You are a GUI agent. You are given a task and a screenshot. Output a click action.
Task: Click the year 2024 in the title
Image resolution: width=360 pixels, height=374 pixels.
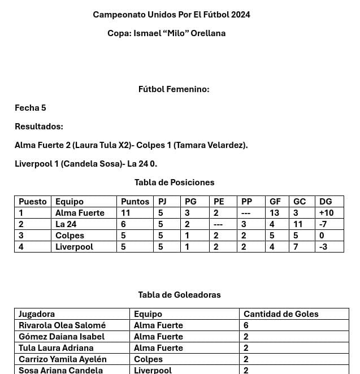click(x=240, y=15)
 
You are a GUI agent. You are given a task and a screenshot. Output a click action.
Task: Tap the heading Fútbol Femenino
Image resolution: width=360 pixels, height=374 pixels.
click(x=174, y=89)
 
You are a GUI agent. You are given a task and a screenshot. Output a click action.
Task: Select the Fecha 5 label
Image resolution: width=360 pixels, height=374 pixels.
click(x=31, y=108)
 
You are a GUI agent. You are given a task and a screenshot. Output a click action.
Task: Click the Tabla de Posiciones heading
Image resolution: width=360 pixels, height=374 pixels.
click(x=174, y=182)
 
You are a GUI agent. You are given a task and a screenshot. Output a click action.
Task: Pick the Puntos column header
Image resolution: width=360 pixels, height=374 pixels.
click(x=135, y=202)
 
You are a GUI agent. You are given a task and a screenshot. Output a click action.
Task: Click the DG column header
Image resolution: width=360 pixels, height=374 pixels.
click(x=326, y=202)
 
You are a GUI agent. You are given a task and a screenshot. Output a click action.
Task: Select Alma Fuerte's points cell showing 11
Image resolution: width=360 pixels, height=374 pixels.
click(x=126, y=213)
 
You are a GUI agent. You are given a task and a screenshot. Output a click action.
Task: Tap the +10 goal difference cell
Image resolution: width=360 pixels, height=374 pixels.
click(x=326, y=213)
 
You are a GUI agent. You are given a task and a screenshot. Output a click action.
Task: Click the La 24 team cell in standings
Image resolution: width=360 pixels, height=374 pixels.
click(x=66, y=224)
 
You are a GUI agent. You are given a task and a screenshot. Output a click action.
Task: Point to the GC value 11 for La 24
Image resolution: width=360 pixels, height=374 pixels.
click(x=298, y=224)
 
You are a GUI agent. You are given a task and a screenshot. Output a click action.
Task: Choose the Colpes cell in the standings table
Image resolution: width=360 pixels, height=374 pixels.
click(x=70, y=236)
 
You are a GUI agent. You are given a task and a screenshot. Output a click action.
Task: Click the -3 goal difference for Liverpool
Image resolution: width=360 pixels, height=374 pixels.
click(x=323, y=247)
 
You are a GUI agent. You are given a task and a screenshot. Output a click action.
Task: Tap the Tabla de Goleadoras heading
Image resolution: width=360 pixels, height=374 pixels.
click(x=179, y=295)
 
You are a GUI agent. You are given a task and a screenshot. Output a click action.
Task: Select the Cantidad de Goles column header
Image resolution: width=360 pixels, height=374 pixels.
click(x=281, y=314)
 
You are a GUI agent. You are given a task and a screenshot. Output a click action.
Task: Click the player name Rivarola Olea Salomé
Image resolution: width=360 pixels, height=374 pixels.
click(x=62, y=325)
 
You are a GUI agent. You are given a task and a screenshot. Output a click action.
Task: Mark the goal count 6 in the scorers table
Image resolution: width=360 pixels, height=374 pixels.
click(x=246, y=325)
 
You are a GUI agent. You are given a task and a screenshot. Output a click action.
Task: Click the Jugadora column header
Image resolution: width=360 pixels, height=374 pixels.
click(x=37, y=314)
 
